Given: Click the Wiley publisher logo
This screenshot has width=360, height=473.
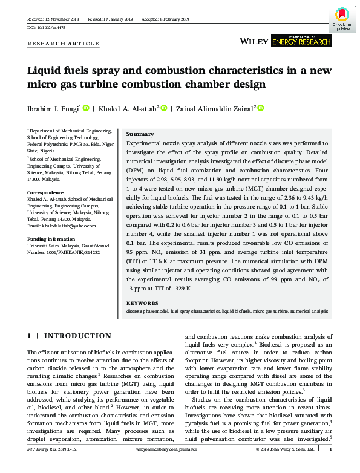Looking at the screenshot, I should [254, 41].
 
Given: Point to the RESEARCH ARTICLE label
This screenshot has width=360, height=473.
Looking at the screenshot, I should [63, 44].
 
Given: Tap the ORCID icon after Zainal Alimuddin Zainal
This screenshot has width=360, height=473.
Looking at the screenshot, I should [261, 108].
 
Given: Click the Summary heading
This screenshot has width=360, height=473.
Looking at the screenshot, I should [140, 134].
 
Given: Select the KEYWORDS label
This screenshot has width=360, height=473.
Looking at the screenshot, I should [142, 302].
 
